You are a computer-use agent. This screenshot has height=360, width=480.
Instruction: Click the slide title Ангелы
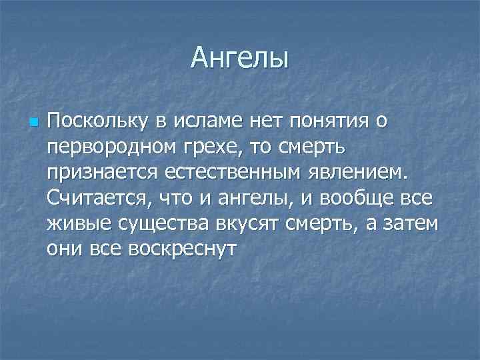click(x=239, y=58)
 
